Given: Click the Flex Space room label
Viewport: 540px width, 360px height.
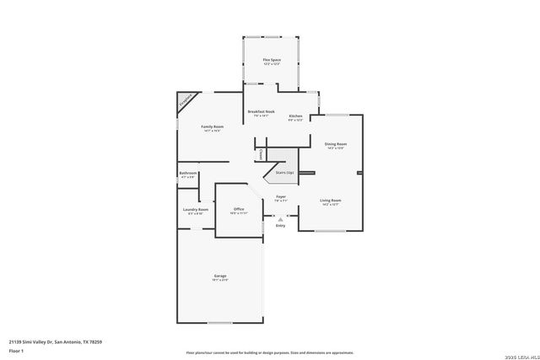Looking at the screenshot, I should [271, 60].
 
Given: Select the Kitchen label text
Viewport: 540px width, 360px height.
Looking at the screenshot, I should [295, 116].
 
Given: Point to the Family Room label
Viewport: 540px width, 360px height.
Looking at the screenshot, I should [212, 126].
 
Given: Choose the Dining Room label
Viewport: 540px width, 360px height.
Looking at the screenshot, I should [336, 144].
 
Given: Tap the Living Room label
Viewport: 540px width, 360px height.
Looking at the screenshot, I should [330, 201].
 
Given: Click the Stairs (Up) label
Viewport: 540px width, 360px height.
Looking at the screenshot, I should [284, 172].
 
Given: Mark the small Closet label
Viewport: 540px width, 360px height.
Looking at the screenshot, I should [261, 155].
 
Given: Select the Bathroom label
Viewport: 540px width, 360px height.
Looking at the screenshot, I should [187, 174].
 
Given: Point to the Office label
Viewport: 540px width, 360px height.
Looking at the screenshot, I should [239, 208].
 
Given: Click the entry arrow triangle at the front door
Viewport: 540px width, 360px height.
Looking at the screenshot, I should [280, 218].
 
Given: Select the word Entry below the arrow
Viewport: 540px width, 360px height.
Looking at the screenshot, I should [280, 225].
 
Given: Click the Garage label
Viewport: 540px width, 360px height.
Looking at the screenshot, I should [219, 277].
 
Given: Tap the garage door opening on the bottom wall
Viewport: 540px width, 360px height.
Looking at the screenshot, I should [219, 322].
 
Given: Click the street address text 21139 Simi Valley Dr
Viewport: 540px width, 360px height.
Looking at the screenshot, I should [56, 341].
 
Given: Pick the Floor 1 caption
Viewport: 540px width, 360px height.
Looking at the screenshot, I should [16, 350].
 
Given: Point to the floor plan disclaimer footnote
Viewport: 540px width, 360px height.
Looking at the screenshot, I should [270, 353].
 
